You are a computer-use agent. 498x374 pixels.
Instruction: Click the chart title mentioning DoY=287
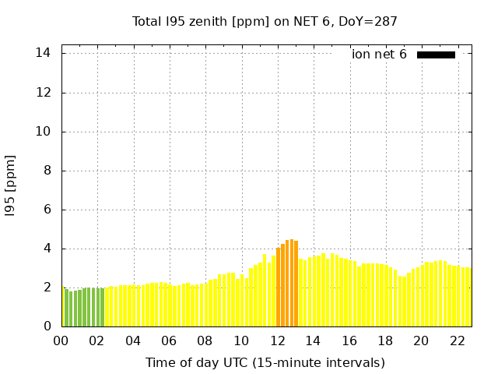(x=265, y=21)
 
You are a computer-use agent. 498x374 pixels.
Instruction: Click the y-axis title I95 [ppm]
(x=11, y=185)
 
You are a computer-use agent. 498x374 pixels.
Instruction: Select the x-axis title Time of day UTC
(x=265, y=362)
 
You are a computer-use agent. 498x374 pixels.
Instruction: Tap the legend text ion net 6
(x=379, y=55)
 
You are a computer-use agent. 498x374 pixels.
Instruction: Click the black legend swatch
(x=436, y=55)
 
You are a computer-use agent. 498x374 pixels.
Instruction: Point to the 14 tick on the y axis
(x=44, y=53)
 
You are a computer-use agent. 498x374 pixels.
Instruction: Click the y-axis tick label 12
(x=44, y=92)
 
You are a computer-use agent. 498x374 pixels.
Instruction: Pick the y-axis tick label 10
(x=44, y=131)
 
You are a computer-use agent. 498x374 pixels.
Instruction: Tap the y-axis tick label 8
(x=47, y=170)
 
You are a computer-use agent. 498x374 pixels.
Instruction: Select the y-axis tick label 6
(x=47, y=209)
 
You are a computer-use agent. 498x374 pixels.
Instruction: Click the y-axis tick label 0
(x=47, y=326)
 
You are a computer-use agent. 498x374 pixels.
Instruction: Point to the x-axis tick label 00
(x=61, y=340)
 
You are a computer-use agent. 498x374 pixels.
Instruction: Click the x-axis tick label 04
(x=133, y=340)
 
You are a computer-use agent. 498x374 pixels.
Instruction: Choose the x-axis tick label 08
(x=205, y=340)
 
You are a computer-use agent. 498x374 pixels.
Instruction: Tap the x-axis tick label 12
(x=277, y=340)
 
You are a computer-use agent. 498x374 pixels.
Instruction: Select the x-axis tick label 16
(x=349, y=340)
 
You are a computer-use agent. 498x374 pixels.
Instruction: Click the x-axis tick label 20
(x=421, y=340)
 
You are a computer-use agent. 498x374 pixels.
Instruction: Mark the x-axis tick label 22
(x=457, y=340)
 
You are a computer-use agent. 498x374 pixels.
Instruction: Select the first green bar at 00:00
(x=63, y=307)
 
